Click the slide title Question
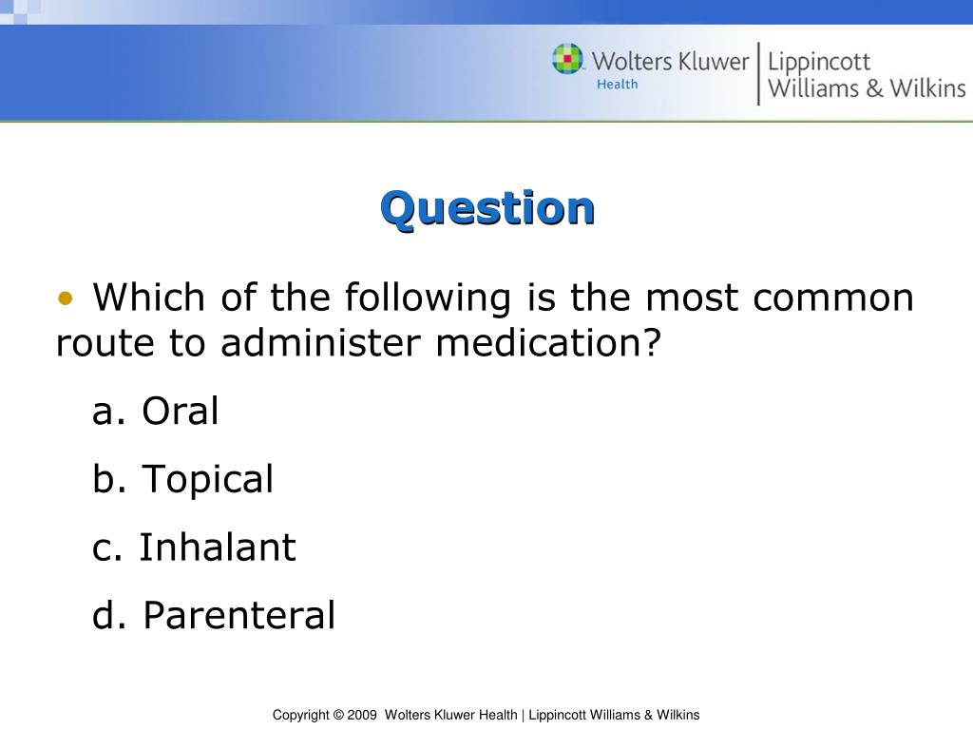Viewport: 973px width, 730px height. pos(487,207)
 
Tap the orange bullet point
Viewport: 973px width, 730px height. pos(65,298)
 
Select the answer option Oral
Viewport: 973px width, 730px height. pos(180,412)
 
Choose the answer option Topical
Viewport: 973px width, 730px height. pos(207,479)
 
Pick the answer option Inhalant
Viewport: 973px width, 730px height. pos(217,547)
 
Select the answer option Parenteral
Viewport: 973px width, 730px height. pos(238,615)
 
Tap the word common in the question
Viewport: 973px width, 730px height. pos(833,298)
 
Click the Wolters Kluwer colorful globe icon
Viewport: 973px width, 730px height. pos(568,60)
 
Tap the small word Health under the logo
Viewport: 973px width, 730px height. pos(617,85)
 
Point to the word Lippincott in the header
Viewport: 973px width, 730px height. pos(819,63)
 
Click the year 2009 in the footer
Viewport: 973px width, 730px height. pos(363,715)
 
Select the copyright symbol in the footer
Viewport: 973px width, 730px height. pos(337,715)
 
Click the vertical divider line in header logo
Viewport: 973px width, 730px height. pos(758,73)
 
